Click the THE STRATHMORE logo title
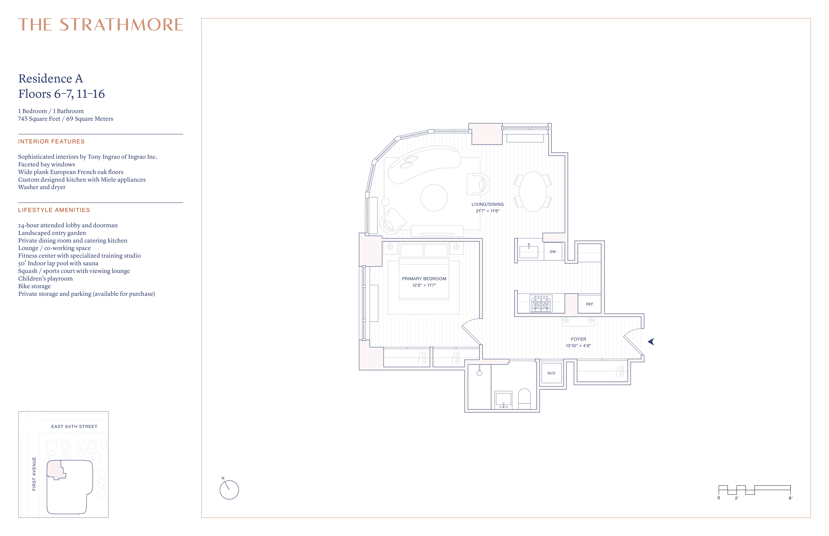(x=101, y=25)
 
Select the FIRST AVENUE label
(x=34, y=474)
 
